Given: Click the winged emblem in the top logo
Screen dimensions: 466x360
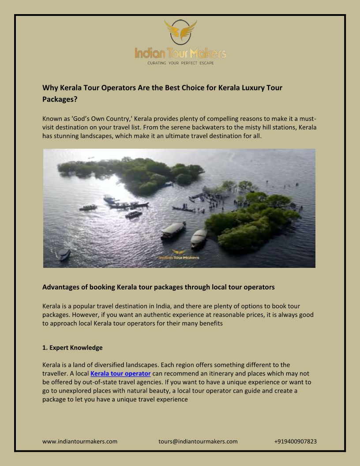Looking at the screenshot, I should click(180, 31).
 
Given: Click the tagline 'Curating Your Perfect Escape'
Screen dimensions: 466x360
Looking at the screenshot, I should click(180, 64).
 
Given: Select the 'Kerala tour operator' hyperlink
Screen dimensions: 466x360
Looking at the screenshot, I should click(120, 374).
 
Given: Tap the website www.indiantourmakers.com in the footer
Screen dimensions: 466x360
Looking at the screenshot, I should click(80, 441).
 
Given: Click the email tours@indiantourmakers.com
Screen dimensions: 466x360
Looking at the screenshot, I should click(198, 441).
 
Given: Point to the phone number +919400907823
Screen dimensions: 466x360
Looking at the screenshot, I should click(295, 441).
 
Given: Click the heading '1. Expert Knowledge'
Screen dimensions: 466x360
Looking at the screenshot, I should click(72, 348).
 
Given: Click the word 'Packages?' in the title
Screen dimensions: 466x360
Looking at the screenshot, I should click(60, 99).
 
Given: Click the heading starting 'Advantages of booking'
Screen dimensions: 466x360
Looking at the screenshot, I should click(158, 287).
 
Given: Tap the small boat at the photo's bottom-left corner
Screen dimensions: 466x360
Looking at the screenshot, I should click(65, 255).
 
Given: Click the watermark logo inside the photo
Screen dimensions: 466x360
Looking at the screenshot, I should click(179, 255).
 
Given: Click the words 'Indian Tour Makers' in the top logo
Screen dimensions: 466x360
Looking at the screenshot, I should click(180, 54).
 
